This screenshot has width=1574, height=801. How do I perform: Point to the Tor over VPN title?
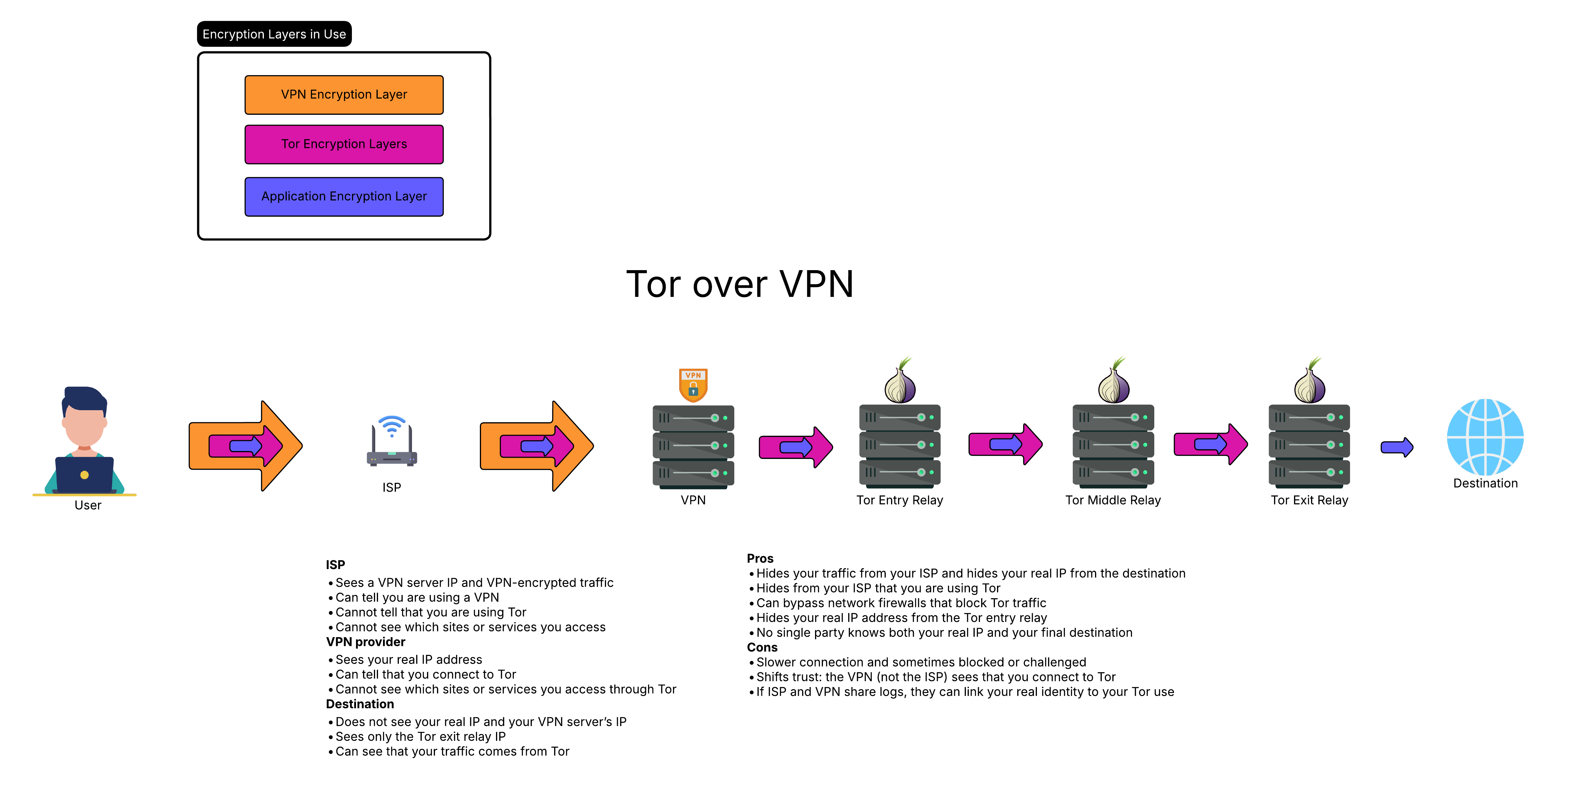739,284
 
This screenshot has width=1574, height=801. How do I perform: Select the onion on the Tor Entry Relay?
900,382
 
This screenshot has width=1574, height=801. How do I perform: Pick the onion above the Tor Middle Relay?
1113,382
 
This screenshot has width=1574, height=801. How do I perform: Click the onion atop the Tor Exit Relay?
1310,382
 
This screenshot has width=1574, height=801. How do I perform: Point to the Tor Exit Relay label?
1310,500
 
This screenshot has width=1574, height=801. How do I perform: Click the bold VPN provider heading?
365,642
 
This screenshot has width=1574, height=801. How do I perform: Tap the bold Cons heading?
762,647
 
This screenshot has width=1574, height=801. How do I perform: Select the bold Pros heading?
760,558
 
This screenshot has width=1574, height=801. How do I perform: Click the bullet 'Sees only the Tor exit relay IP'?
420,737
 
